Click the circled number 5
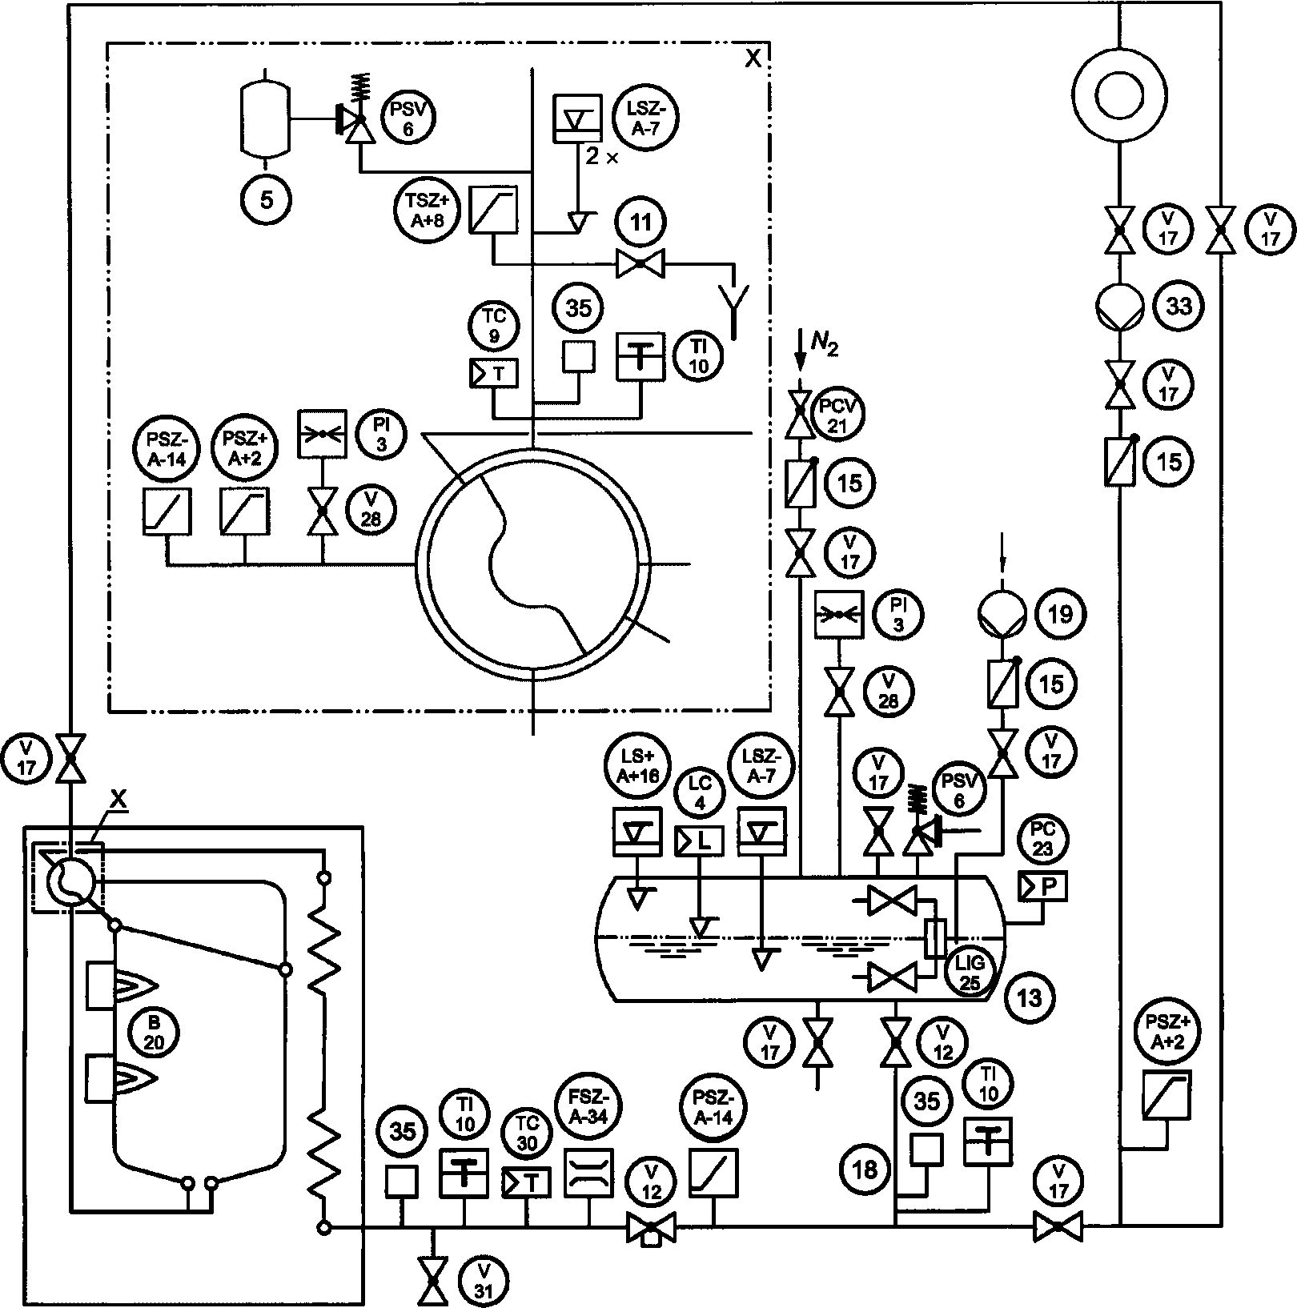coord(267,199)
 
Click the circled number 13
coord(1030,997)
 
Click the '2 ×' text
coord(602,157)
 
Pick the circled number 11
coord(641,223)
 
